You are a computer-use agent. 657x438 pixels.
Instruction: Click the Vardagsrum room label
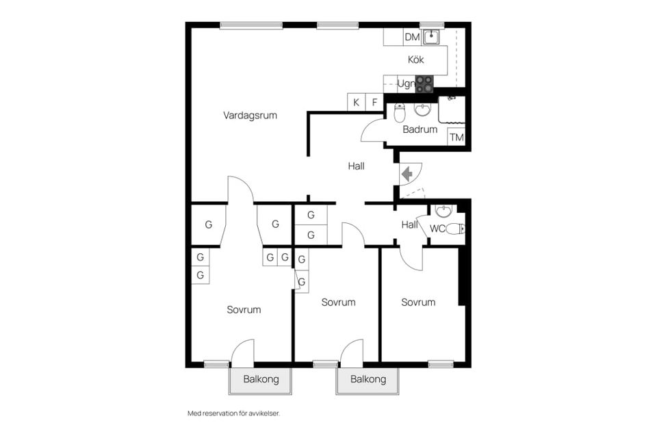(250, 115)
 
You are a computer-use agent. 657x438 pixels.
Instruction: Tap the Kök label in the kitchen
(415, 60)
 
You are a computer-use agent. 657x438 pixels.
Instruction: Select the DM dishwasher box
(412, 37)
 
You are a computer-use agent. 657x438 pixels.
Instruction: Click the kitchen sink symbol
(430, 37)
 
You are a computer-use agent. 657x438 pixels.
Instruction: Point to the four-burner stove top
(424, 84)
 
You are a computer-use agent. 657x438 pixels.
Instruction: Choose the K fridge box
(356, 102)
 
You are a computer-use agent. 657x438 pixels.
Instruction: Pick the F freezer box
(374, 102)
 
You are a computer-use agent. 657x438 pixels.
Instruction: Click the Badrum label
(420, 129)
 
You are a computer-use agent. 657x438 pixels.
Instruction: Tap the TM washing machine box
(456, 137)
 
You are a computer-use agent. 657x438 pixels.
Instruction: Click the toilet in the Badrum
(400, 113)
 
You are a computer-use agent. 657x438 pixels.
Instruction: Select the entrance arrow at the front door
(407, 174)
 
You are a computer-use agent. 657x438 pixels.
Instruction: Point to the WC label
(437, 229)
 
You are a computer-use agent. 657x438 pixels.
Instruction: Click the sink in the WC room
(443, 211)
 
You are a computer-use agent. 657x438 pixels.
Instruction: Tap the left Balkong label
(261, 379)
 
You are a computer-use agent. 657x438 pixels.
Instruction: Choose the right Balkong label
(368, 379)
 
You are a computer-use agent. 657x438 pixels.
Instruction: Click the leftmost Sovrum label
(244, 310)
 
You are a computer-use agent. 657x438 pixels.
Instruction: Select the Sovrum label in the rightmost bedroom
(418, 302)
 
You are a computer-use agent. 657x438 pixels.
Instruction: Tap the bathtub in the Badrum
(452, 109)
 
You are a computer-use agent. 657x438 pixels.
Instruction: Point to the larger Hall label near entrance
(356, 166)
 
